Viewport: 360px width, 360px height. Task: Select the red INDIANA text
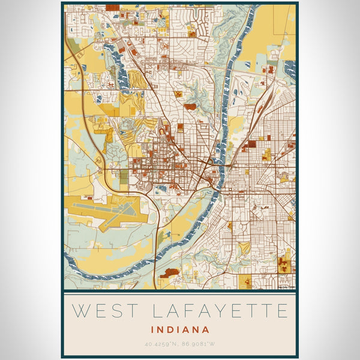[x=180, y=329]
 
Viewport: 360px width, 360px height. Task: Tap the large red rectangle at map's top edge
[x=112, y=8]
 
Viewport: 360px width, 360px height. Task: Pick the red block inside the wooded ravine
[x=190, y=107]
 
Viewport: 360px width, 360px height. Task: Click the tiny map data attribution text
[x=286, y=286]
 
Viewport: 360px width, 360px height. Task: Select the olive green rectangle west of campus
[x=124, y=177]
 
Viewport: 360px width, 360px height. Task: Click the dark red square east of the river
[x=251, y=144]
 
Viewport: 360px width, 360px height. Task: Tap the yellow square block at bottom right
[x=246, y=281]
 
